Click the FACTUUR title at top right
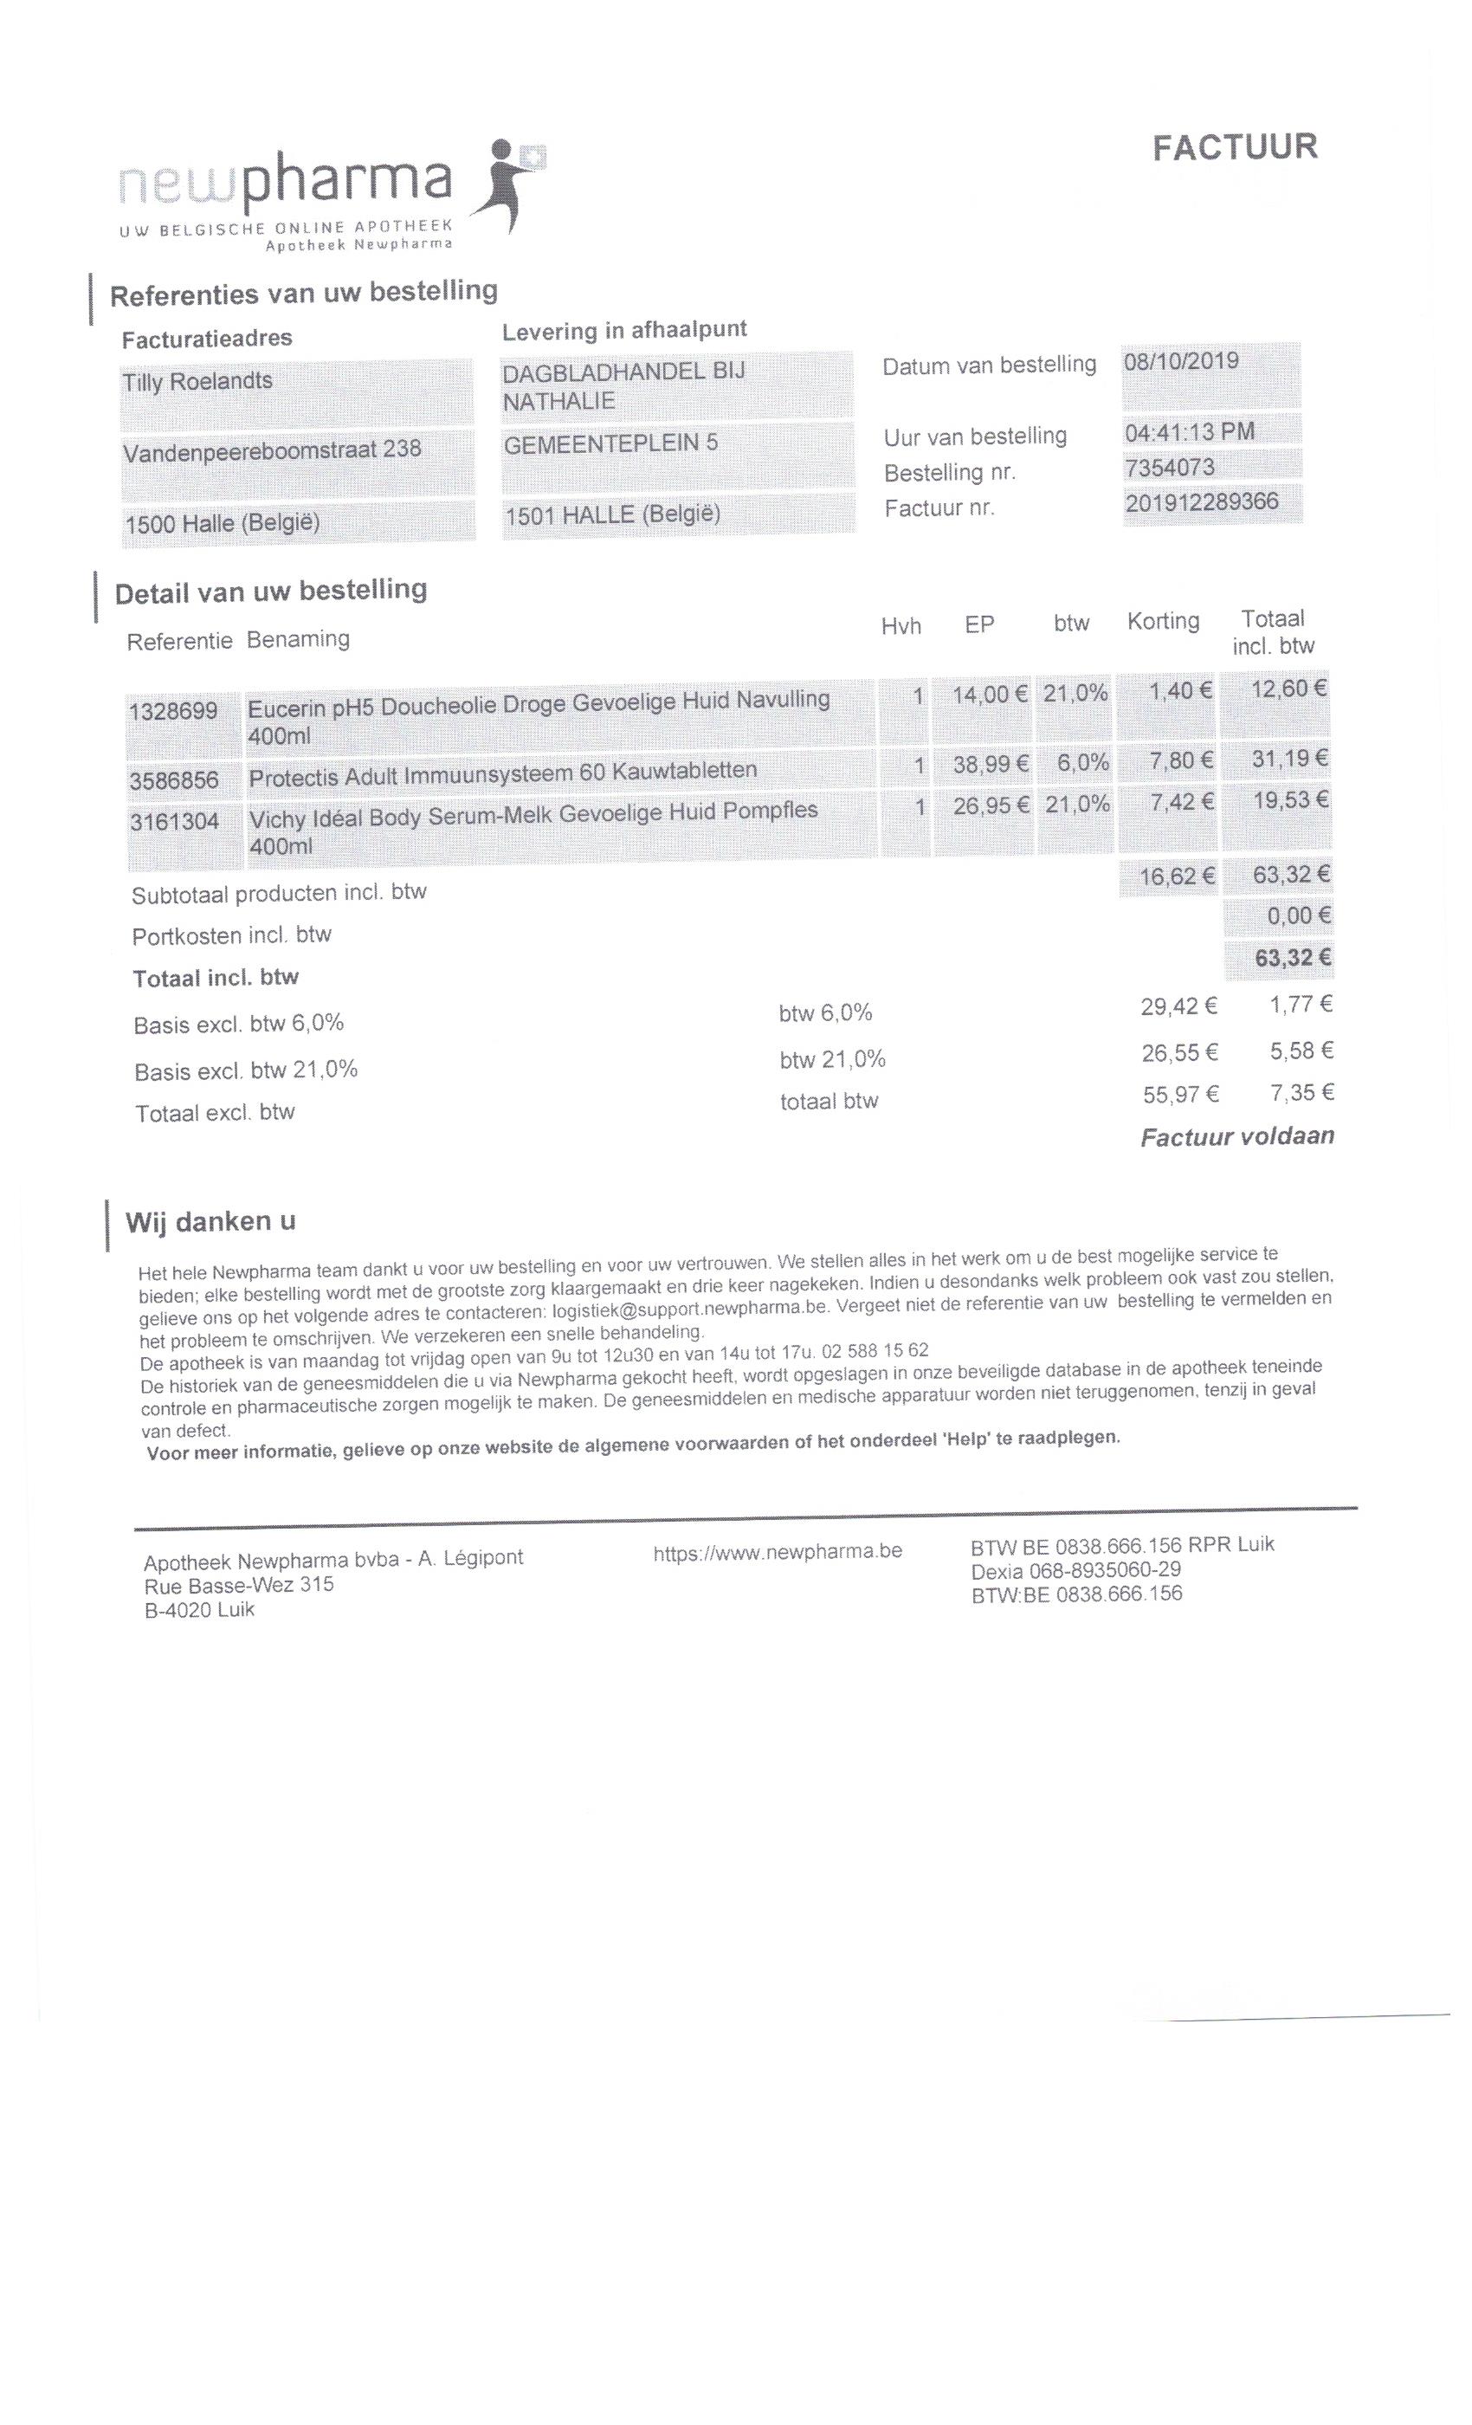tap(1234, 147)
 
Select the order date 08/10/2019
tap(1181, 361)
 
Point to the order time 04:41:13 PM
tap(1189, 432)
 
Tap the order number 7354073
tap(1169, 468)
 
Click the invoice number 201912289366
tap(1202, 502)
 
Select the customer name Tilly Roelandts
tap(197, 382)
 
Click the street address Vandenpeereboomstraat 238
tap(272, 450)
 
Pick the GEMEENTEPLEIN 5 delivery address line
tap(610, 443)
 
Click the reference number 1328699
tap(173, 710)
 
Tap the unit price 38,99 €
tap(990, 764)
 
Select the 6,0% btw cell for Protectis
tap(1082, 763)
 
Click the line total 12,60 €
tap(1288, 689)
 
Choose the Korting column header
tap(1163, 622)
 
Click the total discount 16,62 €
tap(1177, 876)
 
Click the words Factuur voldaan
tap(1236, 1136)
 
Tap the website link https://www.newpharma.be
tap(778, 1552)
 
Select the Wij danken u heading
tap(210, 1222)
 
